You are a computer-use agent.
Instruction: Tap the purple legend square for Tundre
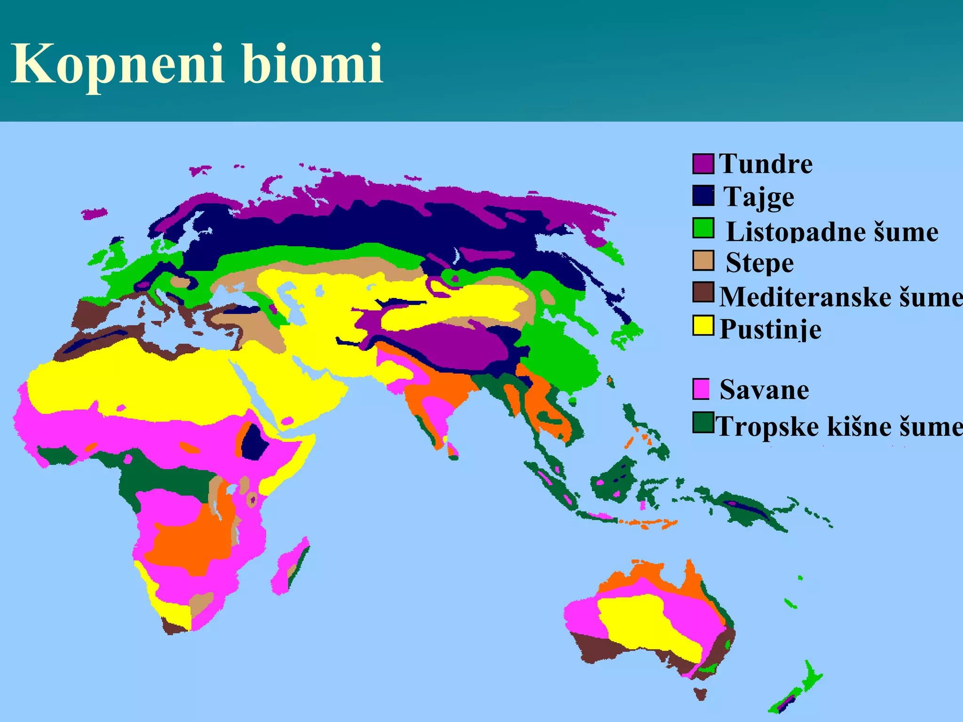pyautogui.click(x=703, y=164)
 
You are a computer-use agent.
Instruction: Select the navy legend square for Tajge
pyautogui.click(x=703, y=196)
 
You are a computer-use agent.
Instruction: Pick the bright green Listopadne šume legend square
pyautogui.click(x=703, y=228)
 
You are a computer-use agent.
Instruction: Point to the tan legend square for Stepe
pyautogui.click(x=703, y=261)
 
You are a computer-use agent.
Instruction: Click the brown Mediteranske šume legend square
pyautogui.click(x=703, y=292)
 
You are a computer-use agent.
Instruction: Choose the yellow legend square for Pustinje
pyautogui.click(x=703, y=326)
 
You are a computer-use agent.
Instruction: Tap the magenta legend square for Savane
pyautogui.click(x=701, y=389)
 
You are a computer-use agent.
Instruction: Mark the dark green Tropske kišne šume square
pyautogui.click(x=703, y=423)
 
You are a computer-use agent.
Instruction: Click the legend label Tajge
pyautogui.click(x=758, y=196)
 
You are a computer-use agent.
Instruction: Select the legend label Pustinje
pyautogui.click(x=770, y=329)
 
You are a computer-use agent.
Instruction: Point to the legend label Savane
pyautogui.click(x=764, y=390)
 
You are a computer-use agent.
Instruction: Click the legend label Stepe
pyautogui.click(x=759, y=262)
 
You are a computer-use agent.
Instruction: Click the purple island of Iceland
pyautogui.click(x=94, y=214)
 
